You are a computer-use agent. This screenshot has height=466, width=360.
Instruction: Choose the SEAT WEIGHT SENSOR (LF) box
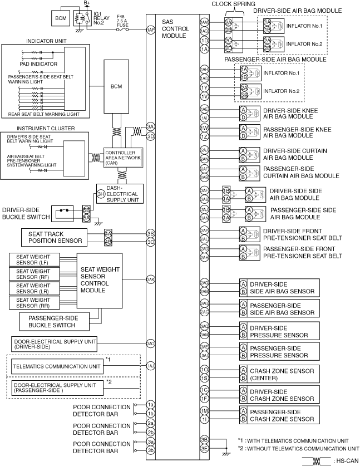(33, 259)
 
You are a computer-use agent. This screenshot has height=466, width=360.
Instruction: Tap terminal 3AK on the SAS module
(150, 278)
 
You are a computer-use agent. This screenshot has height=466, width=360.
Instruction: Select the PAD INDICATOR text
(32, 64)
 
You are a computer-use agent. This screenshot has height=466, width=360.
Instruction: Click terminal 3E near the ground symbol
(205, 449)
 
